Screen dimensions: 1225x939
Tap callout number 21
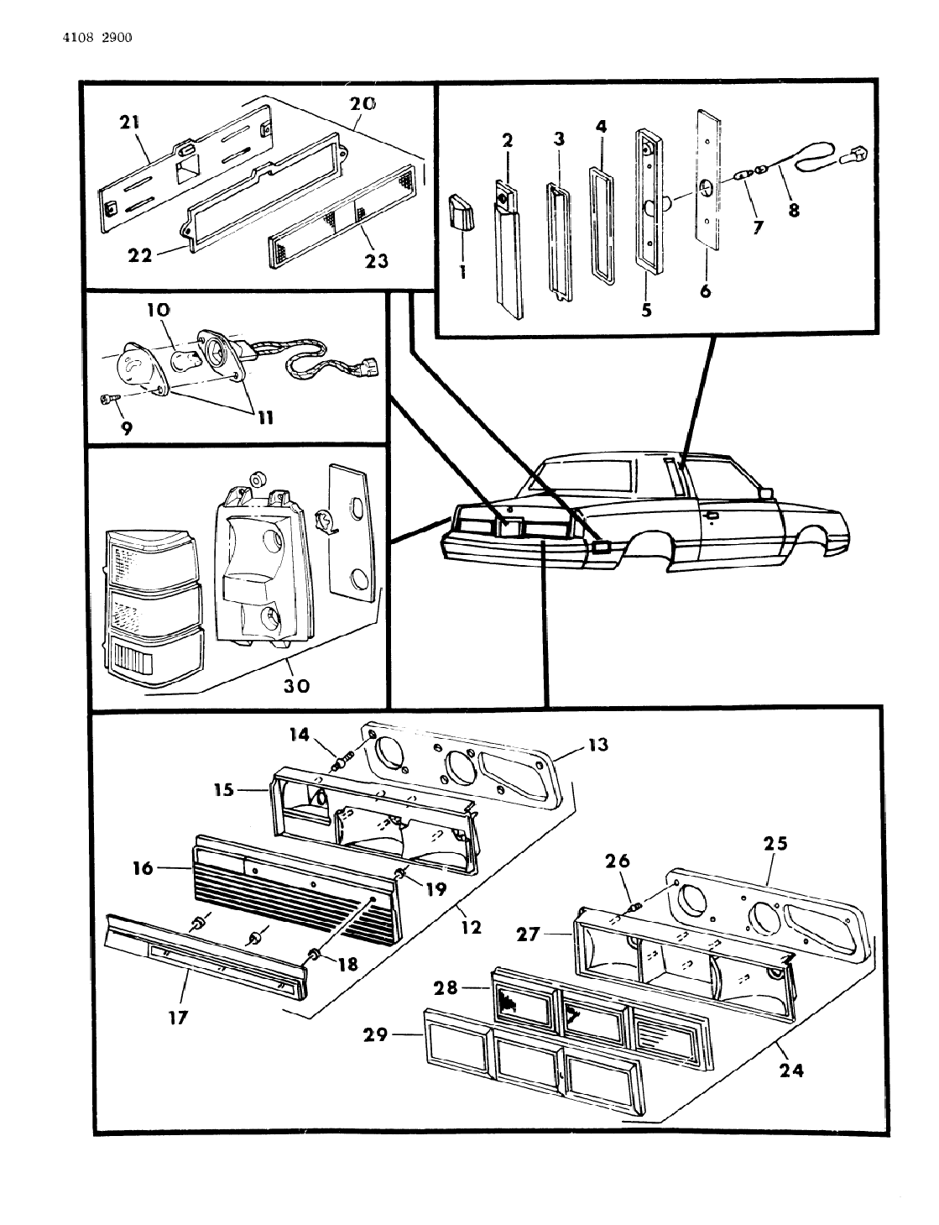(129, 123)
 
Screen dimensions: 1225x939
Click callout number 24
(791, 1071)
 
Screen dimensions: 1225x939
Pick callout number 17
(177, 1018)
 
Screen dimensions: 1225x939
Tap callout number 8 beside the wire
(793, 210)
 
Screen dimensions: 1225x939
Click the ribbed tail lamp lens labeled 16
(294, 890)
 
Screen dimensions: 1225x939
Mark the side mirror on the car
(764, 492)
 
